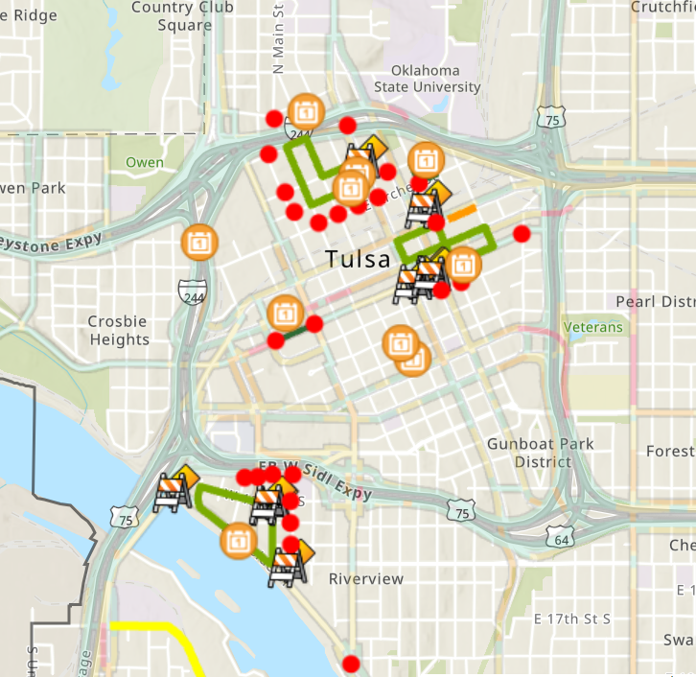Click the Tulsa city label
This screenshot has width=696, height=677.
[x=358, y=259]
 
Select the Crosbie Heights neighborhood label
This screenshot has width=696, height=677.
[x=119, y=331]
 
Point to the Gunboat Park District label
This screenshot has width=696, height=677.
[x=540, y=453]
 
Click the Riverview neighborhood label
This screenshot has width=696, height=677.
[x=366, y=579]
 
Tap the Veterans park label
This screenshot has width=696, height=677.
[x=593, y=327]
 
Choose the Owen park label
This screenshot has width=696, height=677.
[x=145, y=162]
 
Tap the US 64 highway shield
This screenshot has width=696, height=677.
[x=562, y=539]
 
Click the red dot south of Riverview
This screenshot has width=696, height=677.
[x=351, y=663]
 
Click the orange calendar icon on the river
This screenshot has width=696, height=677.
[x=238, y=540]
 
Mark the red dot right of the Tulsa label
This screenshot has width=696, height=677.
[x=522, y=233]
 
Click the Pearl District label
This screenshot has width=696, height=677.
[x=656, y=302]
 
